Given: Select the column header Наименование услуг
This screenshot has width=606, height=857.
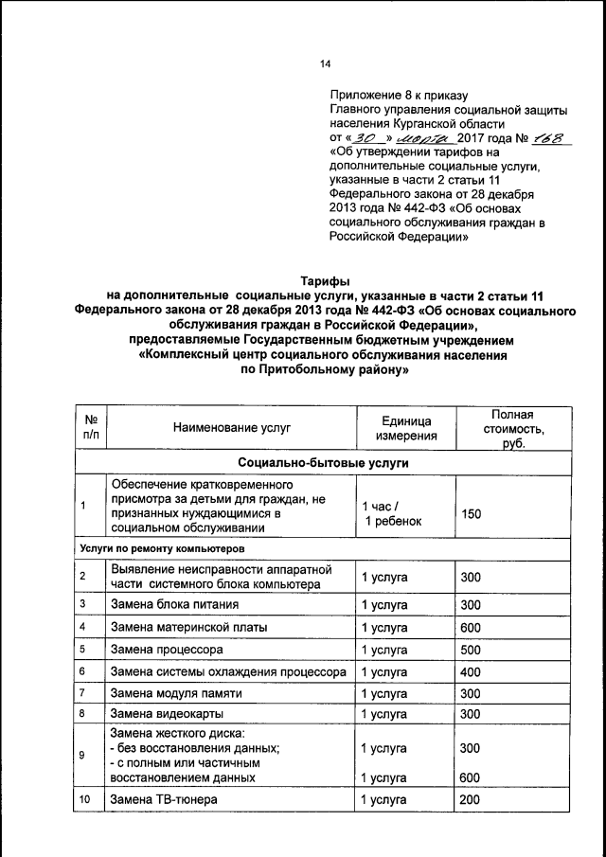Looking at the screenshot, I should (231, 428).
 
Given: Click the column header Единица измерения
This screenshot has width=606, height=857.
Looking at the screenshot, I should (404, 428).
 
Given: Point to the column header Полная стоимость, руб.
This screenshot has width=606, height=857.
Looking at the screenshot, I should (512, 428).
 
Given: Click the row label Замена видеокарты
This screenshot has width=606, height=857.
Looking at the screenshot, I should (161, 714).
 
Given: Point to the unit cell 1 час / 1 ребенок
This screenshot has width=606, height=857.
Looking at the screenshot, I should (390, 512).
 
